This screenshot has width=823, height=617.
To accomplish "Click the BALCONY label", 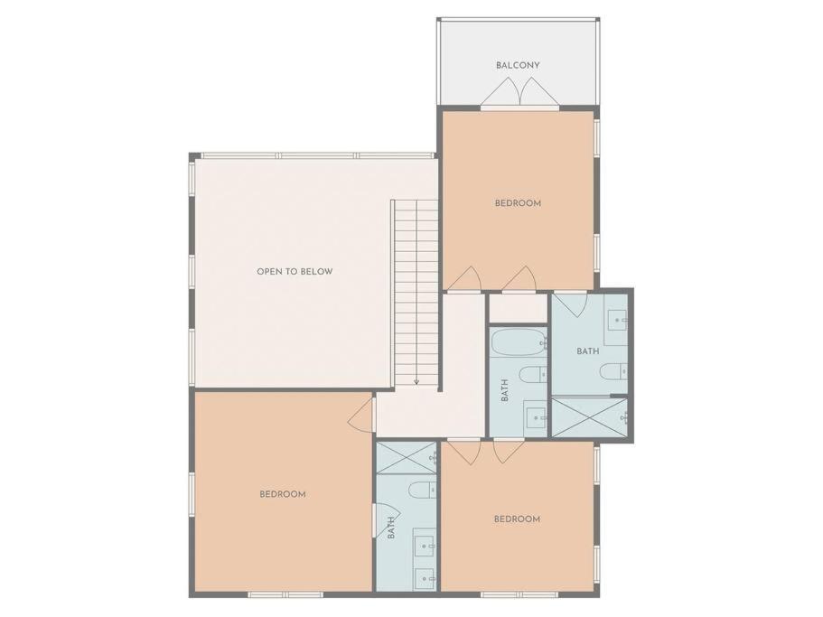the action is [518, 66].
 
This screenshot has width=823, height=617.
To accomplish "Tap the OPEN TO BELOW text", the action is [295, 272].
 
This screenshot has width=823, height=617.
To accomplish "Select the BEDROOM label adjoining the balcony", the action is [518, 203].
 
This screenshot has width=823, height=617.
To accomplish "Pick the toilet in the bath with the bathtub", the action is [532, 375].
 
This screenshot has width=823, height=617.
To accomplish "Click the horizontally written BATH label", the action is [588, 351].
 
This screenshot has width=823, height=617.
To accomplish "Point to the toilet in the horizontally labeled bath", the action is [613, 371].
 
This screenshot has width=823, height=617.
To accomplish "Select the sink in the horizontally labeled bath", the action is [616, 319].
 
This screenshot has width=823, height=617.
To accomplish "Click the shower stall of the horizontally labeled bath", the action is [589, 417].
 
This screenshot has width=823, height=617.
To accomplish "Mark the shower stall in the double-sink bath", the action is [407, 458].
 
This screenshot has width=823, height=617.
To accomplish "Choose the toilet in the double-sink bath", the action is [422, 490].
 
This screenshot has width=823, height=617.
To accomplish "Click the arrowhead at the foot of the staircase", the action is [416, 381].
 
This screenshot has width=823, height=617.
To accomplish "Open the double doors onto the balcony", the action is [519, 93].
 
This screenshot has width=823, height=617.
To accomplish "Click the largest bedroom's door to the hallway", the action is [362, 414].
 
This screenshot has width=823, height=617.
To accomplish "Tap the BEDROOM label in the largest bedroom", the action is [283, 494].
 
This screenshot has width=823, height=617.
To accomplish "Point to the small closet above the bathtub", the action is [519, 309].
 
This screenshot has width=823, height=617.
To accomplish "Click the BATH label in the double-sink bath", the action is [391, 528].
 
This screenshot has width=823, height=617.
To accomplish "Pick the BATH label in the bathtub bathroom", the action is [505, 390].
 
